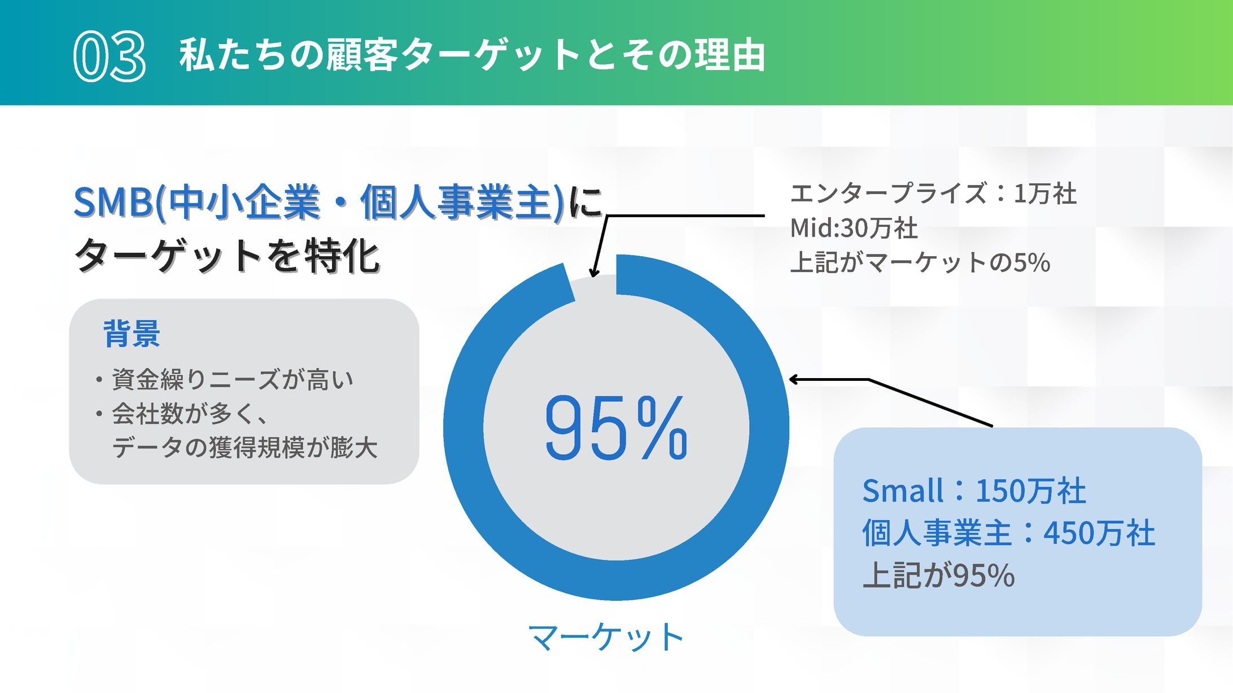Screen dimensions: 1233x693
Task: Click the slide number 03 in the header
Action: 110,56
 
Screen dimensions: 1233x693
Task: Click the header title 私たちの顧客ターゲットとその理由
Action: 472,55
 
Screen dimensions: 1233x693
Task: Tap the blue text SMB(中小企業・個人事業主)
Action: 319,202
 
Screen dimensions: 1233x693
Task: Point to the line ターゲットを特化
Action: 227,255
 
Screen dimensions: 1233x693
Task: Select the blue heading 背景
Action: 132,333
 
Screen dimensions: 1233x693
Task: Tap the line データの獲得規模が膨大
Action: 244,448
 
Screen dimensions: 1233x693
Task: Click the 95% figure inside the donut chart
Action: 616,427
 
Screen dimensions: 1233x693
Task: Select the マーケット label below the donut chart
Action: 606,637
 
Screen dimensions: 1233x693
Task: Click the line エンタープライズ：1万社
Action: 933,194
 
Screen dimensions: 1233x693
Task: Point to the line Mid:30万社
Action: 854,228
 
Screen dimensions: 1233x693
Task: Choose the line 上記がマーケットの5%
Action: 920,262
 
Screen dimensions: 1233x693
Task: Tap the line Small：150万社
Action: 974,490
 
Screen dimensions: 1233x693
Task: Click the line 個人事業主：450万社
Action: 1009,533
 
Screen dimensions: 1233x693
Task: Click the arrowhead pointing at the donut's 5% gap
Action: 593,272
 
